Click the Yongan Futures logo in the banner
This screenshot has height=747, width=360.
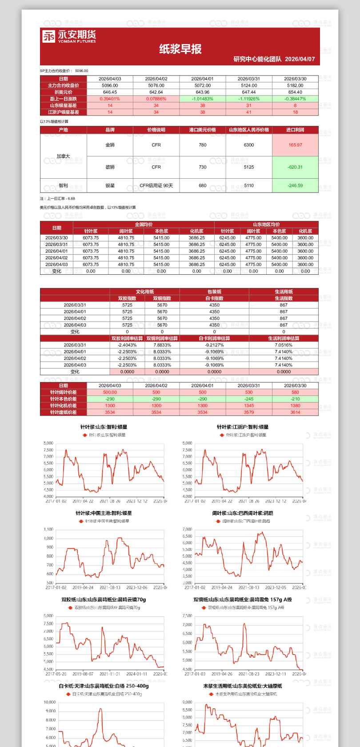tap(69, 36)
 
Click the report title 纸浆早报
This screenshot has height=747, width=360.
tap(180, 49)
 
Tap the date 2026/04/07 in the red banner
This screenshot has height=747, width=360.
tap(300, 59)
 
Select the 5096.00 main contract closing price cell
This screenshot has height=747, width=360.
tap(110, 85)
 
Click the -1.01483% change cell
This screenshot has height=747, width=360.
tap(202, 99)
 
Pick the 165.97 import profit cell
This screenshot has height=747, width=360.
tap(295, 145)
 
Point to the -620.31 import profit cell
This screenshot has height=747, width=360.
tap(295, 167)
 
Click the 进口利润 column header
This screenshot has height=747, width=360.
tap(295, 130)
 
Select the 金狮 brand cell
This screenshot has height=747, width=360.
tap(110, 145)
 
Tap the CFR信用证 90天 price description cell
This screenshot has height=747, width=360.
tap(156, 185)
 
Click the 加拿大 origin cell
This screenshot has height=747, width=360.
tap(63, 156)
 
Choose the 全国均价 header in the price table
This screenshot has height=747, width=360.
tap(144, 225)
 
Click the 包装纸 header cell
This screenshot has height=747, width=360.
tap(214, 292)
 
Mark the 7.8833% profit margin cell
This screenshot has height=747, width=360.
tap(162, 345)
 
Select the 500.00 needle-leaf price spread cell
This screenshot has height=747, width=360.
tap(110, 392)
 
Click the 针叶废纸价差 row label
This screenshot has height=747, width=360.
tap(63, 412)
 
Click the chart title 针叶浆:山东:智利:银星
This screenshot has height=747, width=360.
tap(104, 427)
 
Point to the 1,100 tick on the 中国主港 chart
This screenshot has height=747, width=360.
tap(48, 530)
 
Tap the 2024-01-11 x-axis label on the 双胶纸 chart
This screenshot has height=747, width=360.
tap(136, 674)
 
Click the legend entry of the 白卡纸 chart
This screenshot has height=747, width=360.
tap(104, 694)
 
